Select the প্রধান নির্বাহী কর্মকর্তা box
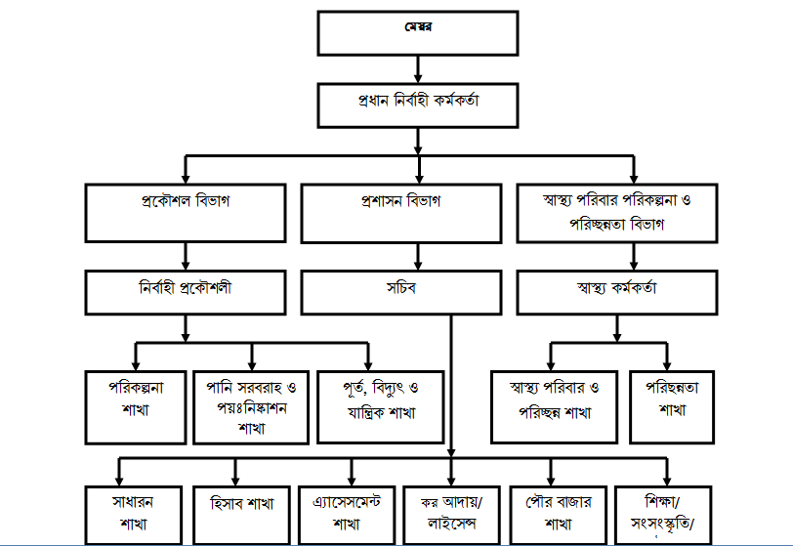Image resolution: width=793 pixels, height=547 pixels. click(x=418, y=104)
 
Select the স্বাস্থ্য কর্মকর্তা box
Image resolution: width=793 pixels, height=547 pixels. click(x=617, y=289)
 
